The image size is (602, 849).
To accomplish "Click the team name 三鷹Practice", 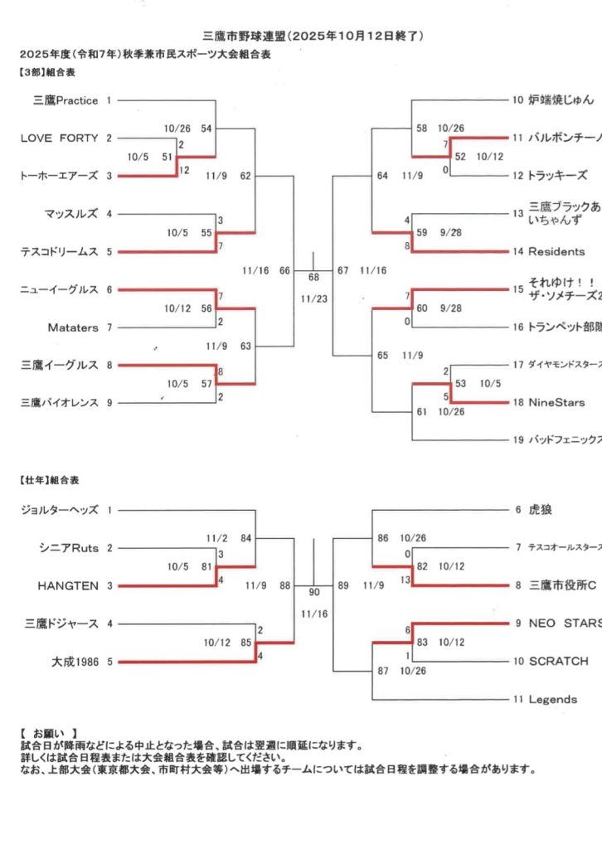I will point(66,100).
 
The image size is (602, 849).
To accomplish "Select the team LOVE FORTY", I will point(59,138).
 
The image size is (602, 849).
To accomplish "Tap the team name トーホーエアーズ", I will point(59,176).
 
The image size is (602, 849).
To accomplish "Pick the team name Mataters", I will point(73,327).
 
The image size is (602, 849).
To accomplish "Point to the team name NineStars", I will point(556,402).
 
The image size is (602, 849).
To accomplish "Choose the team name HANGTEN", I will point(68,585).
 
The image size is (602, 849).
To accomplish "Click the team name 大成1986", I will point(74,662).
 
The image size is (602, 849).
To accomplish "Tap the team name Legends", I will point(553,699).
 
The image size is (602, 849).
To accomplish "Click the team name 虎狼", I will point(540,510).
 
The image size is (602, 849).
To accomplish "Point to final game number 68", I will point(313,277).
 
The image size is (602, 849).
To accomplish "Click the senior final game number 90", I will point(313,593).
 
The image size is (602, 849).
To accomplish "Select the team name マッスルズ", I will point(71,214).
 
